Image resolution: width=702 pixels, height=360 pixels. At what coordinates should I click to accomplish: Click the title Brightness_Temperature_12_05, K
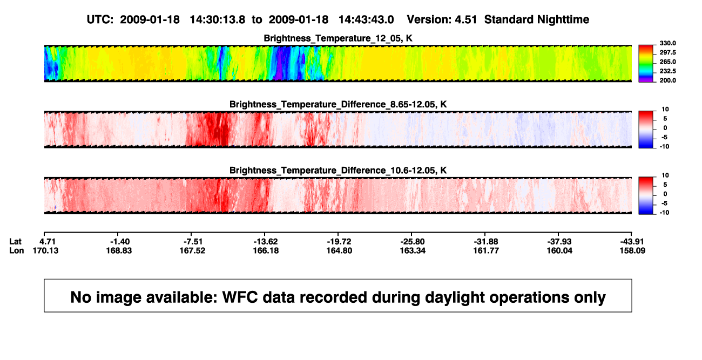[338, 38]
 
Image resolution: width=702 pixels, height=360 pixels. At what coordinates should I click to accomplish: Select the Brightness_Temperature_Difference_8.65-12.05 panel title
[338, 104]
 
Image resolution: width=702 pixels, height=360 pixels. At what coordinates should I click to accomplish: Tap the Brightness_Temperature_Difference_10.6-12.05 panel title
[338, 171]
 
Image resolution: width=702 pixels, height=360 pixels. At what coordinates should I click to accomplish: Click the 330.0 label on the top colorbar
[667, 43]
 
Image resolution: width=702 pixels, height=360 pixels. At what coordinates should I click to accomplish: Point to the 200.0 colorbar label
[667, 80]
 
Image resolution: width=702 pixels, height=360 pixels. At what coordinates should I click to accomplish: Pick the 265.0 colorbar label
[667, 62]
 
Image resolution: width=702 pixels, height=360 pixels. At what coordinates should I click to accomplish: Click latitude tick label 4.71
[48, 242]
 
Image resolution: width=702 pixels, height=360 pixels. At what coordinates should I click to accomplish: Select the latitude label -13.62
[266, 242]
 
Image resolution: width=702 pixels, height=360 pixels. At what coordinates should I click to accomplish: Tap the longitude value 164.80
[339, 250]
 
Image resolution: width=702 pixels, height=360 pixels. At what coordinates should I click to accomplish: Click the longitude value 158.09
[632, 250]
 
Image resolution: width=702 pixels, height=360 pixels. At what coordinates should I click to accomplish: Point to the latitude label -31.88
[486, 242]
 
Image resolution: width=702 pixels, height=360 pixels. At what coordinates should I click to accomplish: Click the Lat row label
[15, 242]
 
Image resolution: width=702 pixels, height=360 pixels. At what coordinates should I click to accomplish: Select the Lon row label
[16, 250]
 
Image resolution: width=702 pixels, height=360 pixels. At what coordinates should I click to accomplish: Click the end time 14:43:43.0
[366, 19]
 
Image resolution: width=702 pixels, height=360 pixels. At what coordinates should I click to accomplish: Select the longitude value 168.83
[119, 250]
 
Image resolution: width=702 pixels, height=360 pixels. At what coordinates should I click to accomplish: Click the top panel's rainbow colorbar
[646, 64]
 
